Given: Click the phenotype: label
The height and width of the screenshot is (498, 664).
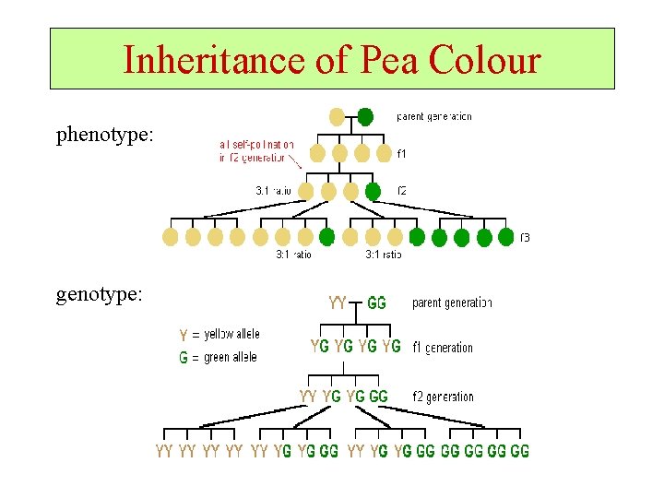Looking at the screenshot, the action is (104, 136).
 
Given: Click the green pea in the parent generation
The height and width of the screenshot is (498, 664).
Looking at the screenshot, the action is (365, 117).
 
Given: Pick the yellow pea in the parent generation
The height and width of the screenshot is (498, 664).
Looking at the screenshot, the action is (338, 117).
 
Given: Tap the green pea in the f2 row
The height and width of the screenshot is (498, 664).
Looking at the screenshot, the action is (373, 191).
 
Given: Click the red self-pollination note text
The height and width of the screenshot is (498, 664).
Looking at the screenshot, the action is (256, 150).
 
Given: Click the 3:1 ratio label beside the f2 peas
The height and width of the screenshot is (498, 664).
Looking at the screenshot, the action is (273, 191).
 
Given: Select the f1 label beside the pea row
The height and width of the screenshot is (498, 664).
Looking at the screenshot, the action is (401, 153).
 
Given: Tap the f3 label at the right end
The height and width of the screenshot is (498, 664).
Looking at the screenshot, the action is (525, 237).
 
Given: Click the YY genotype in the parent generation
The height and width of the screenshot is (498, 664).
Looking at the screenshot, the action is (338, 302).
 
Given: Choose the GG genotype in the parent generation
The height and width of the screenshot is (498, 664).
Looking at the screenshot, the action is (376, 302).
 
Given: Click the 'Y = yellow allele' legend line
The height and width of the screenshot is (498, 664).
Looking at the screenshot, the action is (219, 334).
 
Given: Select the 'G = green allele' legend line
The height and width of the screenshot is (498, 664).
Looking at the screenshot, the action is (218, 357).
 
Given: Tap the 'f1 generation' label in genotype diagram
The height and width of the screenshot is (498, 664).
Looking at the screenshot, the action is (443, 348).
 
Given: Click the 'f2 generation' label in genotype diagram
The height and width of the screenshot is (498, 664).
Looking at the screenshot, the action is (443, 397).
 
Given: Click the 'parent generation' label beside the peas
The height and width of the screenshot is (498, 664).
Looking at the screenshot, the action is (433, 117).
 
